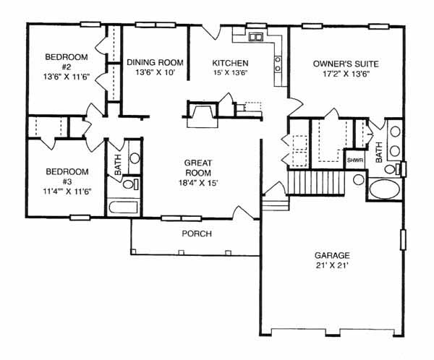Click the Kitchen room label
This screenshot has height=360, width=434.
[x=230, y=63]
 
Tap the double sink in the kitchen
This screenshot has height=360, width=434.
[x=255, y=37]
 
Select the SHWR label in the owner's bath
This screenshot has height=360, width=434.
[x=355, y=160]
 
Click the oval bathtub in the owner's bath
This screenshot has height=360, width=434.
[x=385, y=189]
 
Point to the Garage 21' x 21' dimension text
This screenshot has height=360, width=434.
[x=331, y=265]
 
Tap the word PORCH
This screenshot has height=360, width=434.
[x=197, y=233]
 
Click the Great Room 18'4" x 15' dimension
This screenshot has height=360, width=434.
[x=199, y=183]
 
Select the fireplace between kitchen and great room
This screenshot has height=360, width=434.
[x=203, y=113]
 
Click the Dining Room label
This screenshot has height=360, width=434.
[x=155, y=62]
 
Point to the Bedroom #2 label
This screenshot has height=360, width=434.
[x=67, y=61]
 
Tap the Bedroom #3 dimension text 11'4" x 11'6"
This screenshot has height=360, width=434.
[x=67, y=192]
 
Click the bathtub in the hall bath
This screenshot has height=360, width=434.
[x=124, y=207]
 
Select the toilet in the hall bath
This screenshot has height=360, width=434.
[x=130, y=184]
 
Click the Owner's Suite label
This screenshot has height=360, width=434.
[x=346, y=64]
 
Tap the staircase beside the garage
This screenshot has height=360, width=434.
[x=316, y=183]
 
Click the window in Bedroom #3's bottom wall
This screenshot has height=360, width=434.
[x=80, y=218]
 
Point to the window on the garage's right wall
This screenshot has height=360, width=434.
[x=404, y=240]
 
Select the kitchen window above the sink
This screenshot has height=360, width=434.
[x=256, y=26]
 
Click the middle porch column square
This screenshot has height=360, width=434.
[x=182, y=252]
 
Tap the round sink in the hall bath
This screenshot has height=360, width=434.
[x=135, y=158]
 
